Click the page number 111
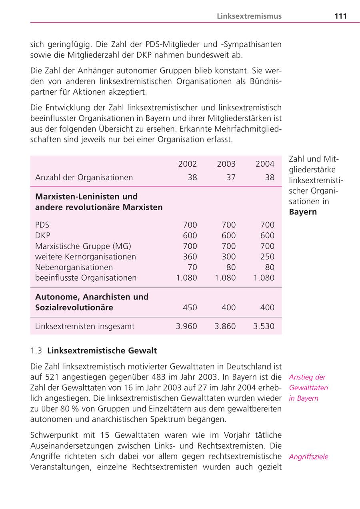[340, 16]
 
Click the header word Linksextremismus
[249, 16]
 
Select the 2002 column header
[187, 164]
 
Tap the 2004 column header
[265, 164]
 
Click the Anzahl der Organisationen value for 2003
[231, 178]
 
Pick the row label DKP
[43, 236]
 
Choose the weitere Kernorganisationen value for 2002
[190, 257]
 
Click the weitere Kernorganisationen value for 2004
[267, 257]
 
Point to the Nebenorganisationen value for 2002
[192, 267]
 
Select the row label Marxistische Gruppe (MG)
[83, 246]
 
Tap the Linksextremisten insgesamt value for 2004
[264, 326]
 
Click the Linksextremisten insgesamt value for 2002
[186, 326]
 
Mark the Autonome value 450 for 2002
[190, 308]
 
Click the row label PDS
[42, 225]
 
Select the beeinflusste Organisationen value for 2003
[225, 278]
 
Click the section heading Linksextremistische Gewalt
[102, 351]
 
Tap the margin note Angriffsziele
[308, 457]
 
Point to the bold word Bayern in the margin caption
[303, 212]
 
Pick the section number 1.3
[36, 351]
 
